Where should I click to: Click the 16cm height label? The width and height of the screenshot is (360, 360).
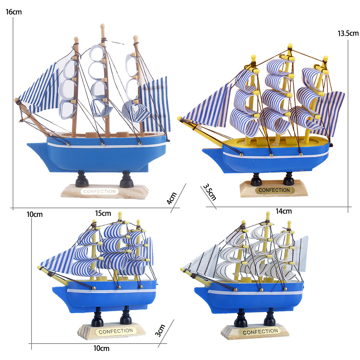coord(14,12)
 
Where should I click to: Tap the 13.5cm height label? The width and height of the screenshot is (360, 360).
coord(348,33)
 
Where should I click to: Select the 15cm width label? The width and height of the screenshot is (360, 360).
coord(103,213)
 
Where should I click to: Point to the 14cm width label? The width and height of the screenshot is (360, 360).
coord(284,211)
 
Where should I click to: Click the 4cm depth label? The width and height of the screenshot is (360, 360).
coord(172,198)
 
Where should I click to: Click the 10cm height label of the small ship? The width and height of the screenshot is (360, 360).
coord(34,214)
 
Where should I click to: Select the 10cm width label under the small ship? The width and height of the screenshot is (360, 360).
coord(101,348)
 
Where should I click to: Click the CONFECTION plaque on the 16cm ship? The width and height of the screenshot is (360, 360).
coord(100,191)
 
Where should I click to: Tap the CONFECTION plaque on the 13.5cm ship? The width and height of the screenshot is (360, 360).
coord(274,190)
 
